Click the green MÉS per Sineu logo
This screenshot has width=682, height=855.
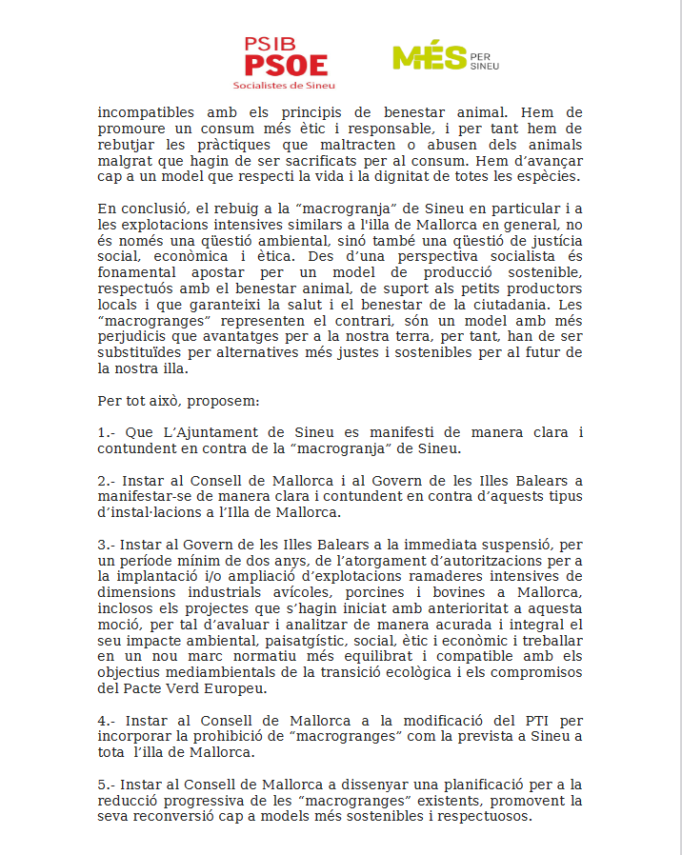click(445, 58)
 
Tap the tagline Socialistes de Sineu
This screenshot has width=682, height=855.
click(285, 85)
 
